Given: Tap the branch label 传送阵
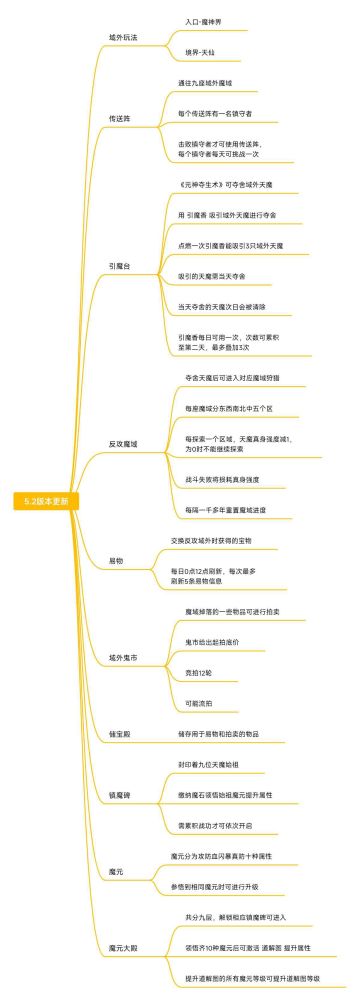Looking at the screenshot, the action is (x=119, y=118).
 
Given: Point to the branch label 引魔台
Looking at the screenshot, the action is (x=119, y=266).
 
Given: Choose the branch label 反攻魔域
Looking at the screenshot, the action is (x=123, y=442).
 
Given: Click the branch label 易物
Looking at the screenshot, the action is (x=116, y=560).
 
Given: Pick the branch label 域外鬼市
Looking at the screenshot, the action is (x=123, y=631).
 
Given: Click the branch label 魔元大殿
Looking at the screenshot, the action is (x=123, y=945).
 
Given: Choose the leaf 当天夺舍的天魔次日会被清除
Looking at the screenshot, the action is (x=221, y=306).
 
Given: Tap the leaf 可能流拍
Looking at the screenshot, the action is (x=198, y=676).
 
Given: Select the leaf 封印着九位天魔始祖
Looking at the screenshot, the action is (x=211, y=763).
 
